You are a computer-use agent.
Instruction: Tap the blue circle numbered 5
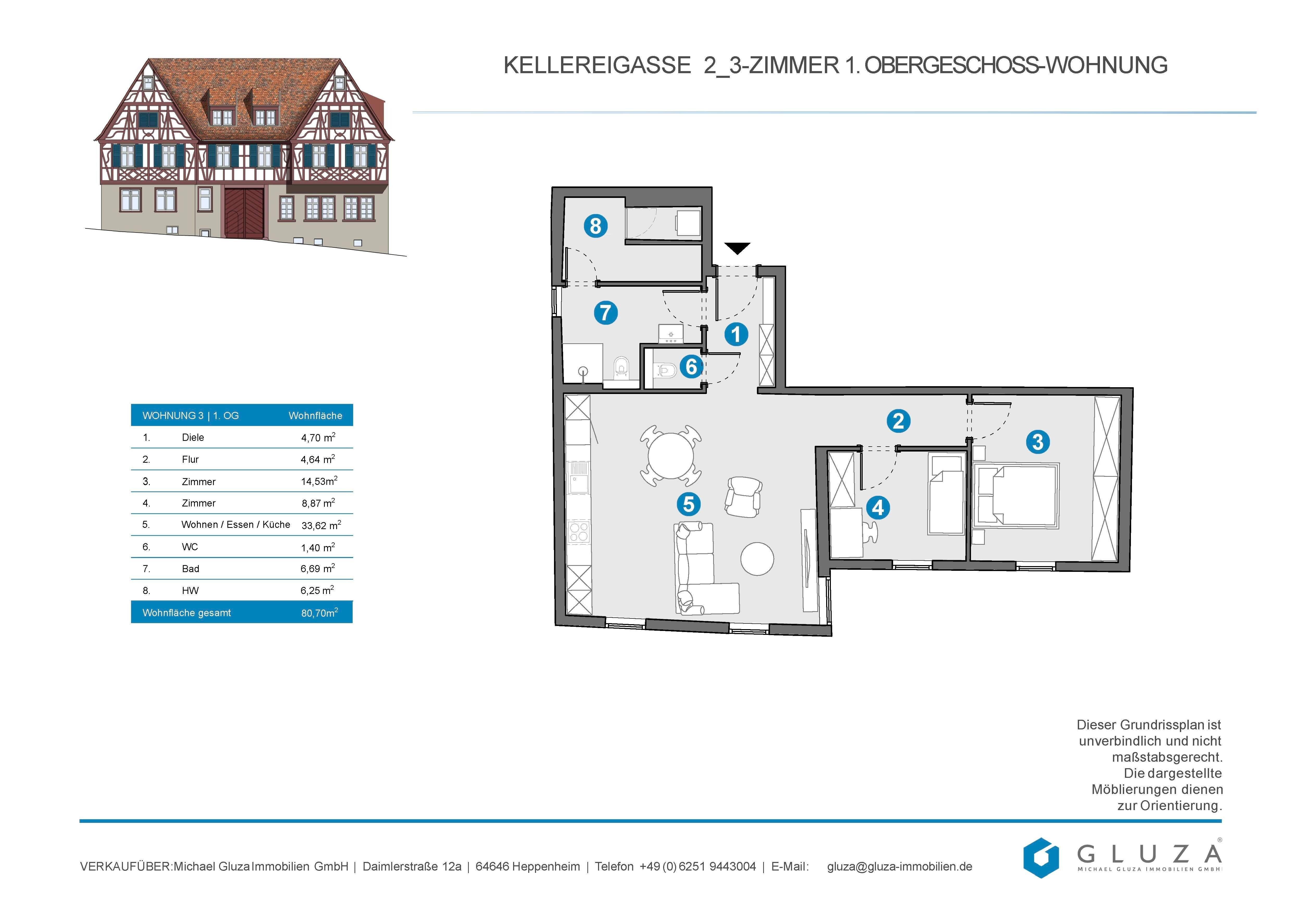pos(688,504)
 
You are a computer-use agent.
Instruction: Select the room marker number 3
pos(1037,442)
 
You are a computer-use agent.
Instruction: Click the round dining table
pos(670,456)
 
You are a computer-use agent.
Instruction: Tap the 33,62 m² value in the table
pos(321,525)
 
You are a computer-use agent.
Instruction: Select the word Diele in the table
pos(193,437)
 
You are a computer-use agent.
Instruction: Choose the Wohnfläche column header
pos(315,415)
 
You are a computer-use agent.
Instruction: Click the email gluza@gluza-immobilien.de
pos(899,866)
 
